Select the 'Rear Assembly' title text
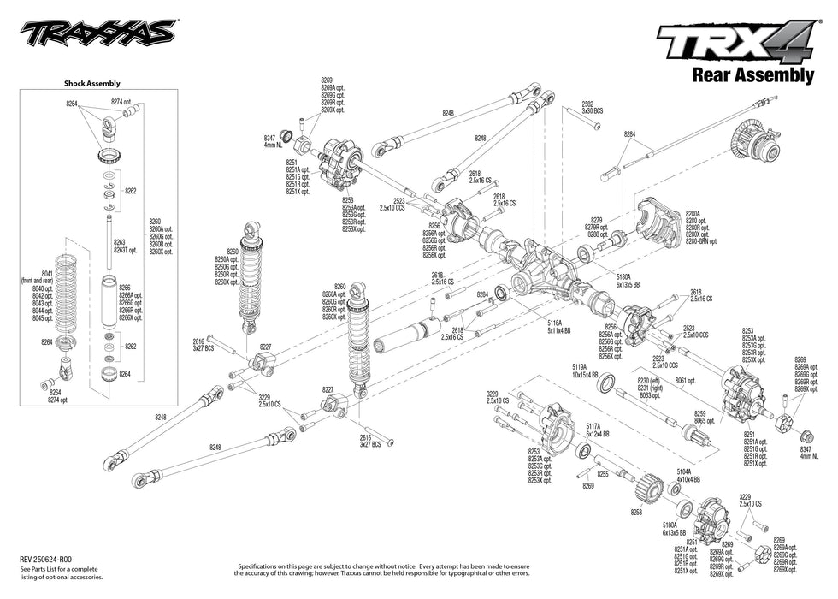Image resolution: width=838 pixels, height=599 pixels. coord(752,75)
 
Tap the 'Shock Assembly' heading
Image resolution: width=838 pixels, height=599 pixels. coord(92,84)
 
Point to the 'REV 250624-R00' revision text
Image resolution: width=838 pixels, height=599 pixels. coord(47,558)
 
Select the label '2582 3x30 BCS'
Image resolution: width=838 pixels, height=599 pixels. coord(593,108)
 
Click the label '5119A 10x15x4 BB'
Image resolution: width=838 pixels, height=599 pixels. coord(585,370)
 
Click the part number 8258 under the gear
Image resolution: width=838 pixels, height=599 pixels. coord(635,512)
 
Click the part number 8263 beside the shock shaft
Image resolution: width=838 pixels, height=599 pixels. coord(120,242)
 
